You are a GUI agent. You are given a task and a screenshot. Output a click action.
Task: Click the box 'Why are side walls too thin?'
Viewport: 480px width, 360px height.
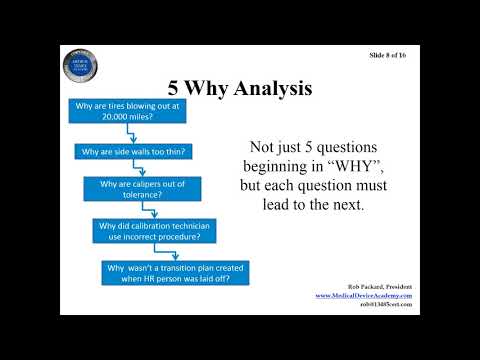[135, 151]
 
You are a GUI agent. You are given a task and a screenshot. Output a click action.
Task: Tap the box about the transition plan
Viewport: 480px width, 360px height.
[175, 272]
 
